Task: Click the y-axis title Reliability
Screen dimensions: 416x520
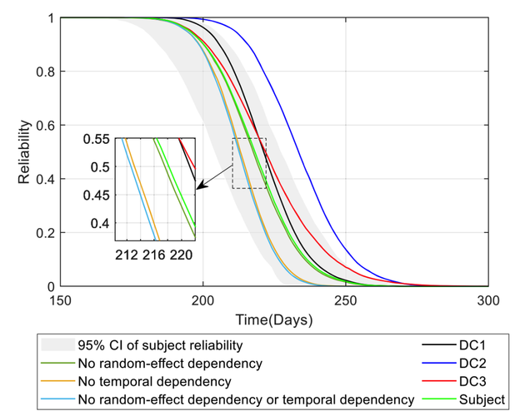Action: click(x=27, y=151)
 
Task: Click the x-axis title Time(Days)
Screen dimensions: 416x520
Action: click(x=274, y=319)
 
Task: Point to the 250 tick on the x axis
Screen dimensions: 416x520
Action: click(x=346, y=300)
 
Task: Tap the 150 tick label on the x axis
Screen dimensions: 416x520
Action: click(x=61, y=300)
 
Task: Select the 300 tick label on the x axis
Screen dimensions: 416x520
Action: click(x=488, y=300)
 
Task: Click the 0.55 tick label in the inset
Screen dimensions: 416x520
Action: click(x=98, y=139)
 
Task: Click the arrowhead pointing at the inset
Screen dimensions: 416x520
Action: click(x=200, y=191)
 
